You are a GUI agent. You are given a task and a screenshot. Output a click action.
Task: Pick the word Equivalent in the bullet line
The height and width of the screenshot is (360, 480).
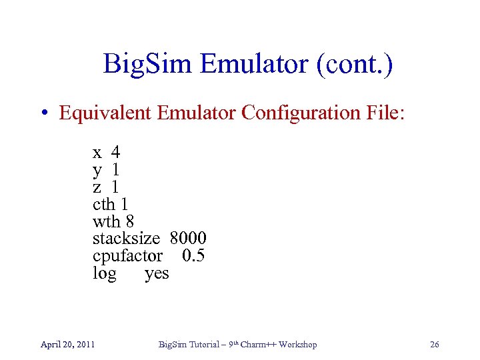click(x=106, y=113)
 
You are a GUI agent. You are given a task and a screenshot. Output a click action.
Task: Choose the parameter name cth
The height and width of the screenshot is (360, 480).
click(x=104, y=203)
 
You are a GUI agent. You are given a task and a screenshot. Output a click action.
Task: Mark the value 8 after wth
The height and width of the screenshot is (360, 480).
click(x=130, y=221)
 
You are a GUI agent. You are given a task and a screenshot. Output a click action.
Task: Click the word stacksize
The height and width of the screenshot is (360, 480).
click(x=126, y=238)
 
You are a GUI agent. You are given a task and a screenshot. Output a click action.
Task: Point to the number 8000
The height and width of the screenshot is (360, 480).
click(x=189, y=238)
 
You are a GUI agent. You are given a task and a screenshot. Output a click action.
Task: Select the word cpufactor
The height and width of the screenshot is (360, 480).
click(x=127, y=255)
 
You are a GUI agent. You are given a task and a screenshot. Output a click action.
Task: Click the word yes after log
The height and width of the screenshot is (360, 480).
click(x=157, y=273)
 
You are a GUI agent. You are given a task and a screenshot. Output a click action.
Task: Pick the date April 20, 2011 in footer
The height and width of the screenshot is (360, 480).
click(x=67, y=344)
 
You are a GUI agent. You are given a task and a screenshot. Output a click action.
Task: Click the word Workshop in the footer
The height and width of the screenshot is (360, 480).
click(x=297, y=344)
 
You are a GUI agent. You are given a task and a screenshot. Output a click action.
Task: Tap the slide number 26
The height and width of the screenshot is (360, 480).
click(x=435, y=344)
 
